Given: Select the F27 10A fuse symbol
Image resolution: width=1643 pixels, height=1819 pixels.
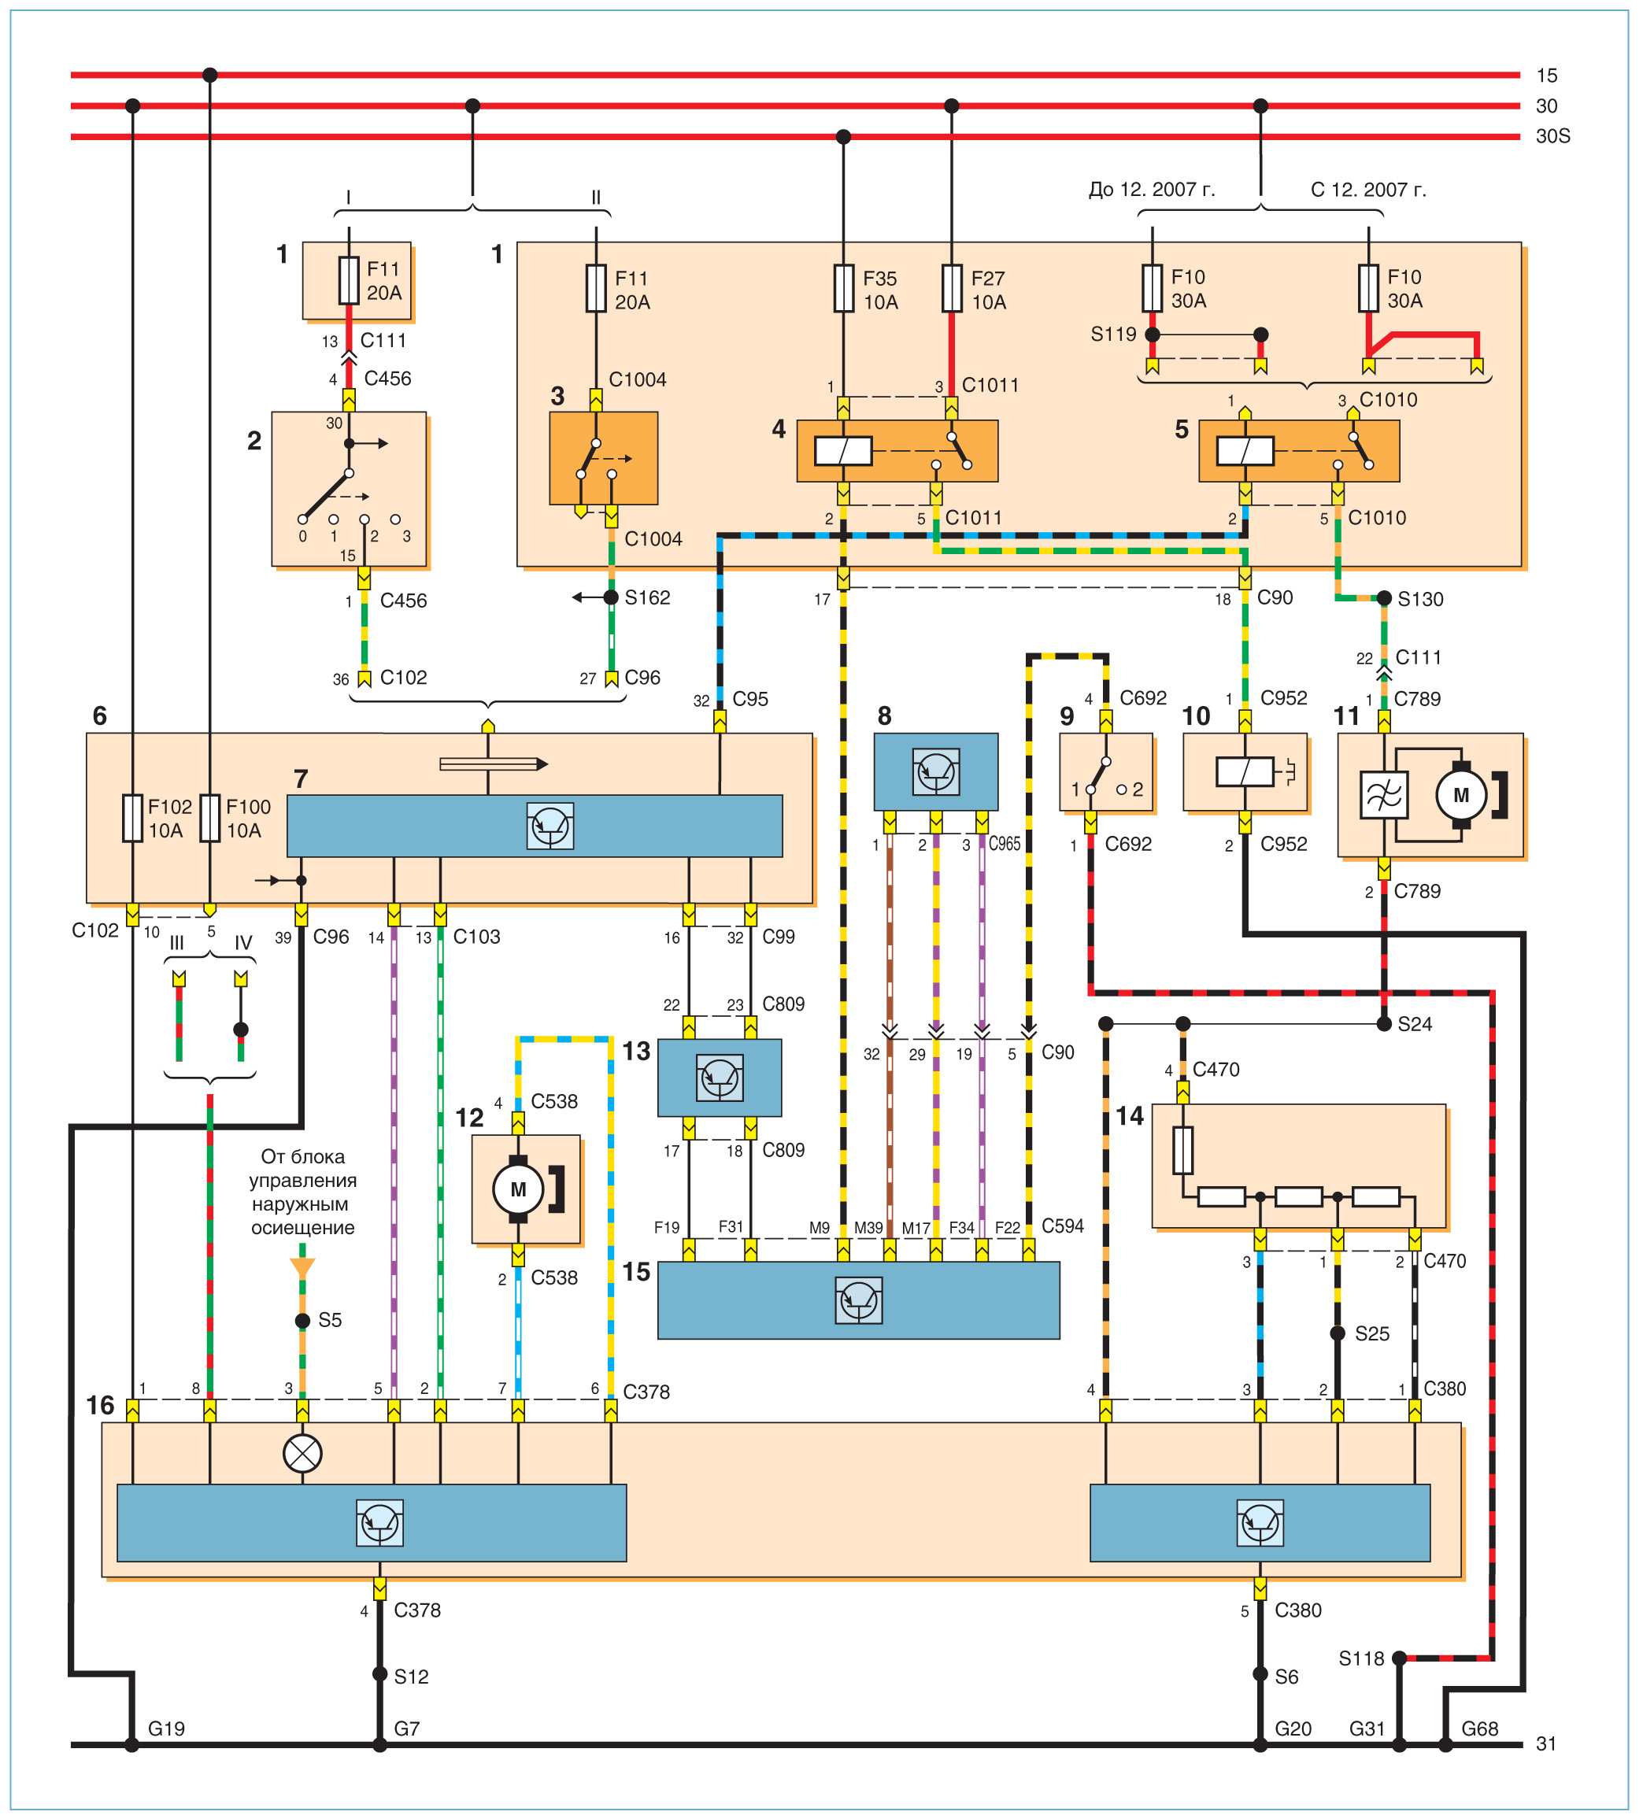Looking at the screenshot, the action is click(x=951, y=288).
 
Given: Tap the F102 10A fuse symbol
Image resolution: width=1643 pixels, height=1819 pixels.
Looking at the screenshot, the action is click(x=132, y=818).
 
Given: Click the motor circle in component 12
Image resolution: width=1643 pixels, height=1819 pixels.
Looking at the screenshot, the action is click(x=518, y=1189).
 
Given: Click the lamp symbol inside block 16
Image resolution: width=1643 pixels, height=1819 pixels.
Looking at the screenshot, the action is click(x=302, y=1453).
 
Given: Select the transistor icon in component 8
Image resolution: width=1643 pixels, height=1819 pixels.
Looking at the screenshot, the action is click(x=935, y=771).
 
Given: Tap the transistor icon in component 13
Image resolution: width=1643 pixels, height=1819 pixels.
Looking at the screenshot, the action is click(x=719, y=1078).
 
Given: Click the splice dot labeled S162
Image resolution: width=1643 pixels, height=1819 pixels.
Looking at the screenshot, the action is click(x=611, y=597).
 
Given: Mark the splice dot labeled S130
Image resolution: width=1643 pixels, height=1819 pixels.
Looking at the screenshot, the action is click(x=1383, y=598).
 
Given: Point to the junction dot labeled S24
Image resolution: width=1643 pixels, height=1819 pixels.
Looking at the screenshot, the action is click(x=1383, y=1024).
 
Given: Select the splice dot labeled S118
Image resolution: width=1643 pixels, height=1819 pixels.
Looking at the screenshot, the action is click(x=1400, y=1658).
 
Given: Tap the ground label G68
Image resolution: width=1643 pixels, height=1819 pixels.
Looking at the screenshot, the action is click(x=1480, y=1728).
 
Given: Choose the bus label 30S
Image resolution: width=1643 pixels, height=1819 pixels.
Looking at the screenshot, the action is click(x=1552, y=136).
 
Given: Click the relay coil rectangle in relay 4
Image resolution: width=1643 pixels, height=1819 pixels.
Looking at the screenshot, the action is click(x=842, y=450).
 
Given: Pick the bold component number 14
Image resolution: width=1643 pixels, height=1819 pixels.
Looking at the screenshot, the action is click(x=1130, y=1116).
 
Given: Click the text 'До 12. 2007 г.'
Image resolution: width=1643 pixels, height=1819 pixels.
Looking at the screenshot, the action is click(x=1153, y=190).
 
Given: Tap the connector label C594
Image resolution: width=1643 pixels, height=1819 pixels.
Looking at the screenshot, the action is click(x=1063, y=1226).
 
